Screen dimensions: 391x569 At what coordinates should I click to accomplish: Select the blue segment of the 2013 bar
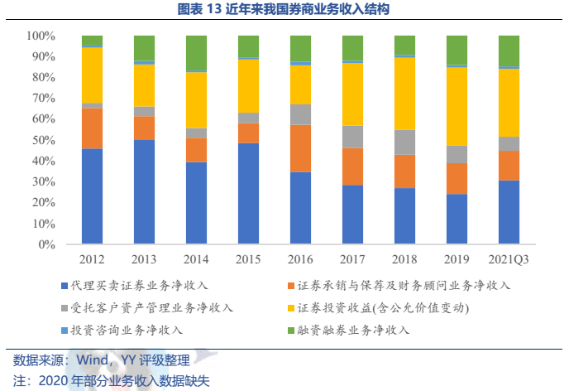(x=144, y=192)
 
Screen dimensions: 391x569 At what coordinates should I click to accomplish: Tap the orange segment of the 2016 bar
(x=300, y=148)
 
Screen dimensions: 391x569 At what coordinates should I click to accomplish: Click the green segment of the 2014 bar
(x=196, y=53)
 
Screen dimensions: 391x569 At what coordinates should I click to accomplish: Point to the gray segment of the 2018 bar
(x=404, y=142)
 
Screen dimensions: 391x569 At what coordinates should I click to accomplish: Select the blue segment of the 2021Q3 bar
(x=509, y=212)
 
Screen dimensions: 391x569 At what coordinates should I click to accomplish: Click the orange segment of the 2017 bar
(x=352, y=167)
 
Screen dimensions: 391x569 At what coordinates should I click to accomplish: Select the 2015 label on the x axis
(x=248, y=258)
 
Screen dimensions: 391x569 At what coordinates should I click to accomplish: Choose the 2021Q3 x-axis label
(x=509, y=258)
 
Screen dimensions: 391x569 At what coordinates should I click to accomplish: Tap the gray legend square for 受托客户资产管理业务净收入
(x=65, y=308)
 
